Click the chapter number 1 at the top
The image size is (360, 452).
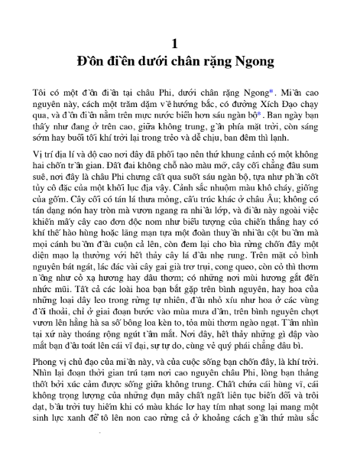point(179,41)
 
